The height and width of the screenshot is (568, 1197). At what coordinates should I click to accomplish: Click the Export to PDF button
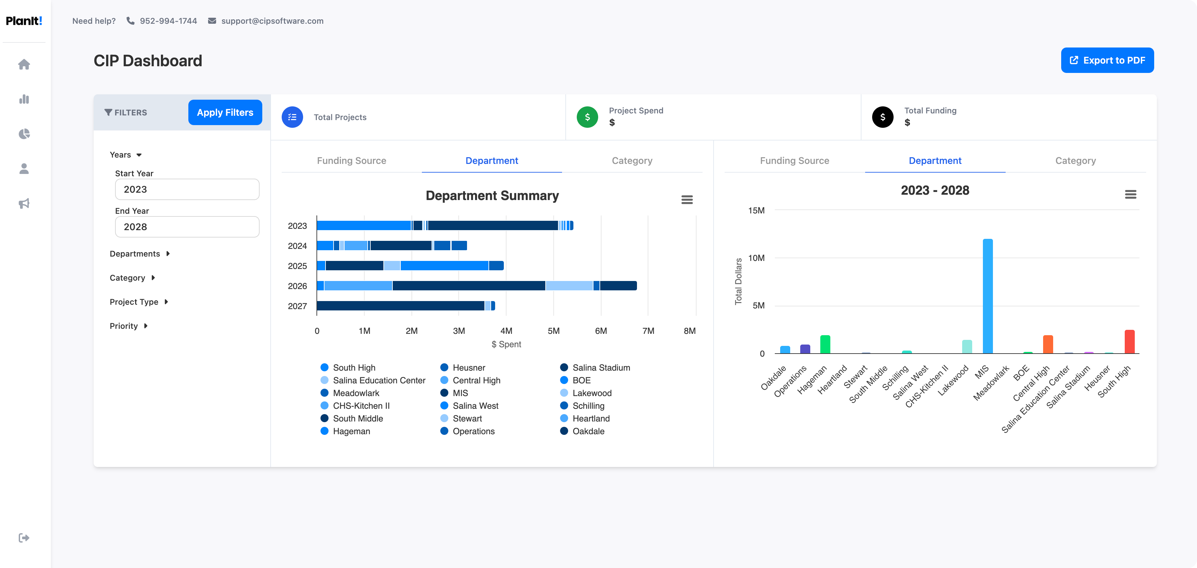[x=1107, y=61]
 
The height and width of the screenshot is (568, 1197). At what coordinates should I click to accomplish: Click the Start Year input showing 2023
[x=187, y=190]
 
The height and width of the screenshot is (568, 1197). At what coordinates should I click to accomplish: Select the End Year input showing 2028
[x=187, y=227]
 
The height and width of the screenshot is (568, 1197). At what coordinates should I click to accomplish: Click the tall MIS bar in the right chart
[x=988, y=297]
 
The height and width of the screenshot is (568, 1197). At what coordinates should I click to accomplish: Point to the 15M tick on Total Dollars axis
[x=756, y=210]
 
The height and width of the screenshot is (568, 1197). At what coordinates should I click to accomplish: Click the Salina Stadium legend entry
[x=601, y=368]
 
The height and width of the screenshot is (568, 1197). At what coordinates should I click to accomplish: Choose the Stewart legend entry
[x=467, y=419]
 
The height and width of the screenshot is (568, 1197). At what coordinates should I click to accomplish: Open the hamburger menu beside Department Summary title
[x=687, y=200]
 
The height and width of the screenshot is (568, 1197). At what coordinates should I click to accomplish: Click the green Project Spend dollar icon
[x=587, y=117]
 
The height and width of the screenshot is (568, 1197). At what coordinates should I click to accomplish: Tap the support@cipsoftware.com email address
[x=272, y=21]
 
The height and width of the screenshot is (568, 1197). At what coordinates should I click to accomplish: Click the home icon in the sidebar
[x=24, y=65]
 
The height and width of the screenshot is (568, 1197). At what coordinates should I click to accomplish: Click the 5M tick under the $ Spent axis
[x=553, y=331]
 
